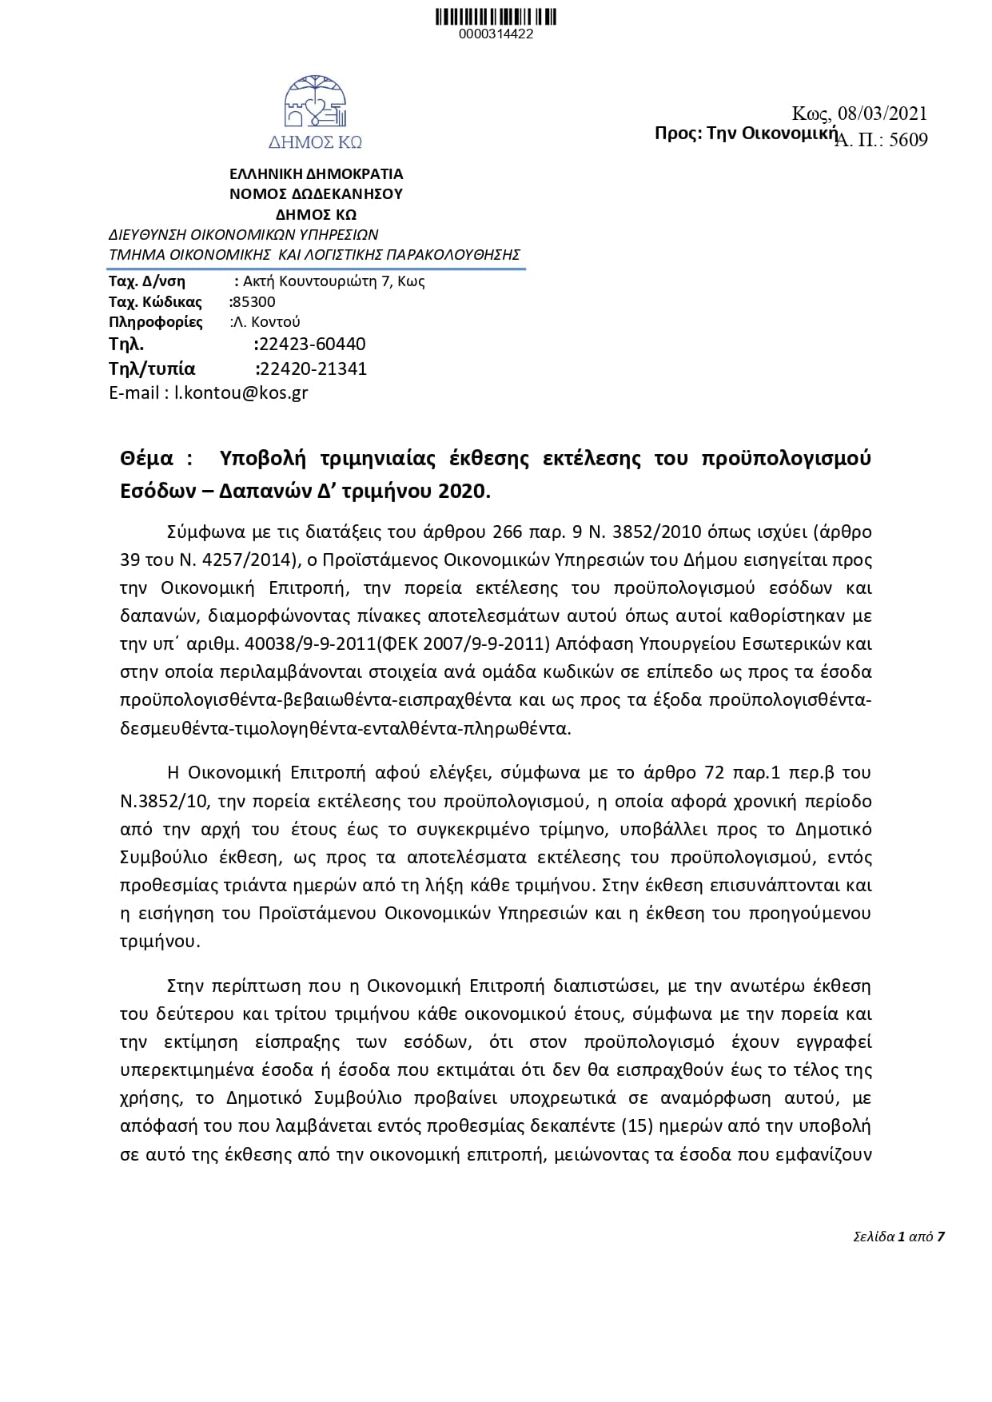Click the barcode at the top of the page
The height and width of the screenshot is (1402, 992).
point(496,17)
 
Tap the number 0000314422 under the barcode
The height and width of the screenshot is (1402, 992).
point(496,34)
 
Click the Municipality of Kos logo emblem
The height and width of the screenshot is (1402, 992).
point(316,104)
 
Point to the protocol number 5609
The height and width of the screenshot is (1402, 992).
point(908,141)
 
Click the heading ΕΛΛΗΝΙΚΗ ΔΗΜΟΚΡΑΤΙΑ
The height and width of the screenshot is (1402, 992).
point(316,173)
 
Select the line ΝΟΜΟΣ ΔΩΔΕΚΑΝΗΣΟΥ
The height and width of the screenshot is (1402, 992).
point(316,193)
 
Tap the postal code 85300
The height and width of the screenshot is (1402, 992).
point(253,302)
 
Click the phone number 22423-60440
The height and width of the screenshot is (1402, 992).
point(311,345)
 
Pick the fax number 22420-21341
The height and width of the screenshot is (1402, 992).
point(312,368)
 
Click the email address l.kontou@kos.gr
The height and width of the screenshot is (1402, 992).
point(241,393)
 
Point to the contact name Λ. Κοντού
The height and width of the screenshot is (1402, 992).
point(265,323)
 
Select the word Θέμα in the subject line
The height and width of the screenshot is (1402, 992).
point(146,459)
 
